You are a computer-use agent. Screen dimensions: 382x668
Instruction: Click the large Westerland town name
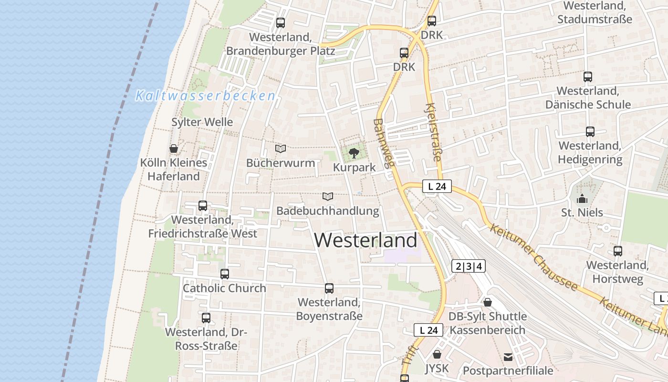(x=365, y=240)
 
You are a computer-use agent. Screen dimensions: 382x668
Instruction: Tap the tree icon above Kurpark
(x=354, y=153)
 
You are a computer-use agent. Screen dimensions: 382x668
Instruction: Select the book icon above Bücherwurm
(x=281, y=149)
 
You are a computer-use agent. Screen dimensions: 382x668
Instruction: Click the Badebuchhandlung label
(x=328, y=211)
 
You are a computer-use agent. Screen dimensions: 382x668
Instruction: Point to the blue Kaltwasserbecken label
(x=206, y=96)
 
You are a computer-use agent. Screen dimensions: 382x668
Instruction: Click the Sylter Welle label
(x=202, y=122)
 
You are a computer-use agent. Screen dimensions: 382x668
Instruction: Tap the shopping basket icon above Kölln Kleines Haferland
(x=174, y=149)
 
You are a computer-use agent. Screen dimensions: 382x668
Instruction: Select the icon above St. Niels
(x=582, y=199)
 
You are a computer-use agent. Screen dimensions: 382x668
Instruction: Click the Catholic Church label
(x=224, y=288)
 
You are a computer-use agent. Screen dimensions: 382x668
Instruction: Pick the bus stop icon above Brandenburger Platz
(x=281, y=22)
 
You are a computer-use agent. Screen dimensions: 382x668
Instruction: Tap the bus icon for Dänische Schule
(x=588, y=76)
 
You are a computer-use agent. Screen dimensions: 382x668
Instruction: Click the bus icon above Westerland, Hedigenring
(x=590, y=132)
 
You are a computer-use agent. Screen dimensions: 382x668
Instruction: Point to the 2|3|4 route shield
(x=469, y=266)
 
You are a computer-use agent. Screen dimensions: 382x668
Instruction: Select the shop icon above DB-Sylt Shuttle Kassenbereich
(x=488, y=302)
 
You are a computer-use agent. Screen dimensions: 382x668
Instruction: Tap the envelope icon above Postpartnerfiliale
(x=508, y=357)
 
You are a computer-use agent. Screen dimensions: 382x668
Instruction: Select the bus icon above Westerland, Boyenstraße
(x=329, y=288)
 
